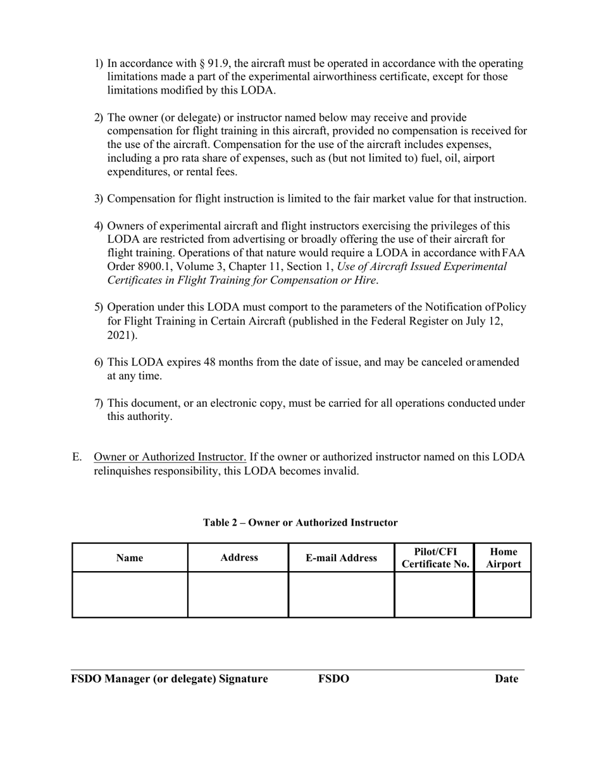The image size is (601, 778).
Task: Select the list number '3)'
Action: click(x=99, y=199)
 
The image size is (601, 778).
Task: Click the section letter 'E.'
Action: click(x=77, y=457)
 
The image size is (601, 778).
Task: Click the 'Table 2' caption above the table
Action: click(x=300, y=522)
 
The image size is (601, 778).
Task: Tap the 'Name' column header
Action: click(x=130, y=558)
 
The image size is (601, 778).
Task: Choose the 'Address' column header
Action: click(x=239, y=557)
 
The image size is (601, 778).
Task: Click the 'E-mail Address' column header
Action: click(x=341, y=558)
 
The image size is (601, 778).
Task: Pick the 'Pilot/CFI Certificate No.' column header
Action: click(x=435, y=558)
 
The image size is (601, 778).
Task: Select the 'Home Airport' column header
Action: click(x=503, y=558)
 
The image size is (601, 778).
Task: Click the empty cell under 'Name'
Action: click(x=130, y=595)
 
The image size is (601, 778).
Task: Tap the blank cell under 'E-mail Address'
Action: click(x=341, y=595)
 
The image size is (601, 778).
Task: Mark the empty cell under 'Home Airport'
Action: click(x=503, y=595)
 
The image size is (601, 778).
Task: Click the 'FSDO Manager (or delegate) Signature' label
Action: click(x=169, y=679)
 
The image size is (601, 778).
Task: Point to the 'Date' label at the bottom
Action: click(x=506, y=679)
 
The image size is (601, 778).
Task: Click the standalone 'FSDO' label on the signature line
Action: click(x=333, y=679)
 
